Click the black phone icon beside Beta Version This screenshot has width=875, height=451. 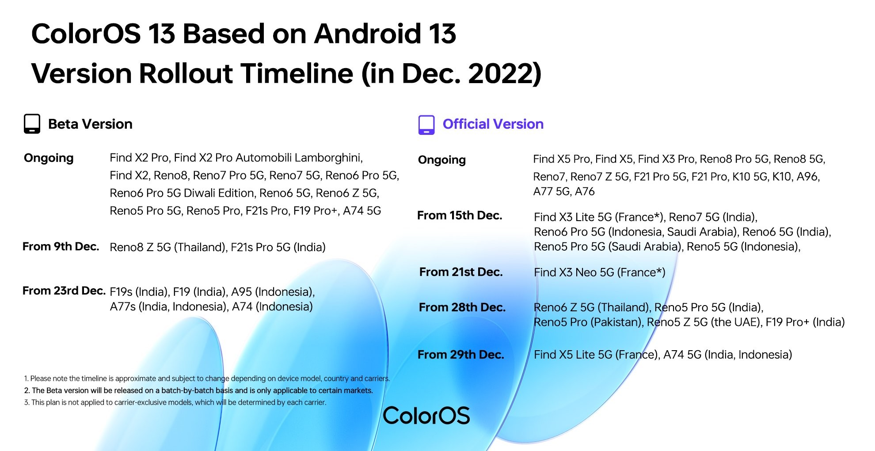click(32, 124)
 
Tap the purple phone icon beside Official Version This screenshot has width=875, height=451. click(426, 125)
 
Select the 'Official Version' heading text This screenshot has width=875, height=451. click(493, 124)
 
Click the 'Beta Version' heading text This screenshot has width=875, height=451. click(90, 124)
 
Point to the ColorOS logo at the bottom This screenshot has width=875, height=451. click(426, 416)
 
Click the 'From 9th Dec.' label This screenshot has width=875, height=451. click(61, 247)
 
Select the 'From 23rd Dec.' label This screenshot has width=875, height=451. click(64, 291)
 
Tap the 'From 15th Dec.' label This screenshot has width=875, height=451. click(460, 216)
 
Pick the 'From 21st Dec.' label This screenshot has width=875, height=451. click(461, 272)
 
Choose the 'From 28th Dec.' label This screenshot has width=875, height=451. click(462, 307)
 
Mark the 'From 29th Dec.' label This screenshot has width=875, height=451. click(461, 355)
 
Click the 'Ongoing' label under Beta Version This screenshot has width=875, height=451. click(49, 158)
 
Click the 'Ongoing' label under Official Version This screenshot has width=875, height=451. click(442, 160)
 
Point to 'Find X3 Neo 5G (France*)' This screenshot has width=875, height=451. click(600, 272)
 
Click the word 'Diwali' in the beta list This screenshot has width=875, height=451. click(198, 193)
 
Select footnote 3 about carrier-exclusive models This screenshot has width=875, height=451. click(175, 402)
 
